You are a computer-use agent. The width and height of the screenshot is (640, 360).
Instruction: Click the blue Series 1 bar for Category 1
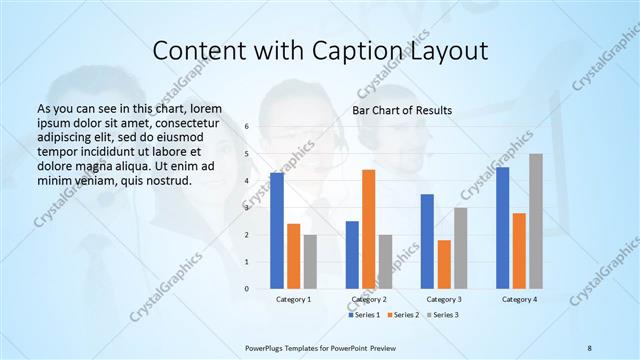click(x=277, y=231)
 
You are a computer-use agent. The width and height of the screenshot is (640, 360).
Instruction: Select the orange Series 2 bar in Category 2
click(x=368, y=229)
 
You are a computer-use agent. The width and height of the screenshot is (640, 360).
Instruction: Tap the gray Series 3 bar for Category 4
click(x=536, y=221)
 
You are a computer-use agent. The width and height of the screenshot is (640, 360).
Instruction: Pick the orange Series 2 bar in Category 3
click(x=444, y=264)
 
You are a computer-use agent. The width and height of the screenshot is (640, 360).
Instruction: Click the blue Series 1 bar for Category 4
click(x=502, y=228)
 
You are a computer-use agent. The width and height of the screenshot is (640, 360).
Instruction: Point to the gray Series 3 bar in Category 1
click(x=310, y=262)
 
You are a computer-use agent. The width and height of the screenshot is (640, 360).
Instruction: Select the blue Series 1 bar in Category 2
click(x=352, y=255)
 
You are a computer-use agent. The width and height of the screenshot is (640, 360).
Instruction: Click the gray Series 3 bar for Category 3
click(x=460, y=248)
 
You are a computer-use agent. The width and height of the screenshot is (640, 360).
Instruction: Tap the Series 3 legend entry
click(x=445, y=315)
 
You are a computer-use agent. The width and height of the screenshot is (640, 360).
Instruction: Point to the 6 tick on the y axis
click(x=246, y=127)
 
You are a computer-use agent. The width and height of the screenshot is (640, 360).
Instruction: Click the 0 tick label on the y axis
click(x=246, y=289)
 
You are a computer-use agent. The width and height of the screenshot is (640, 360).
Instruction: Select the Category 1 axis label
click(x=294, y=299)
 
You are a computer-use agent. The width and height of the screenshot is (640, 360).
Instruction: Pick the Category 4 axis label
click(x=519, y=299)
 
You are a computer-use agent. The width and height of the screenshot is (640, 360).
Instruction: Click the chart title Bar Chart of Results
click(x=402, y=110)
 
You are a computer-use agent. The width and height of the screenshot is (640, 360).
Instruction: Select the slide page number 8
click(x=589, y=346)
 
